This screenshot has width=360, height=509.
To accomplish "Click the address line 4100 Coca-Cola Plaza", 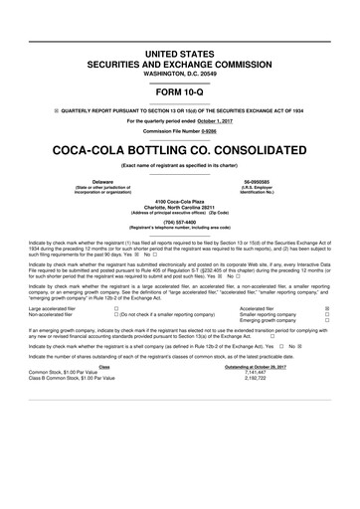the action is tap(179, 202).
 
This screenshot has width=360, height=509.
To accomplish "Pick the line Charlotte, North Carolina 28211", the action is tap(179, 208).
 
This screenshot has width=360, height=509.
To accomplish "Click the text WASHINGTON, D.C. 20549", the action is tap(179, 46).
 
